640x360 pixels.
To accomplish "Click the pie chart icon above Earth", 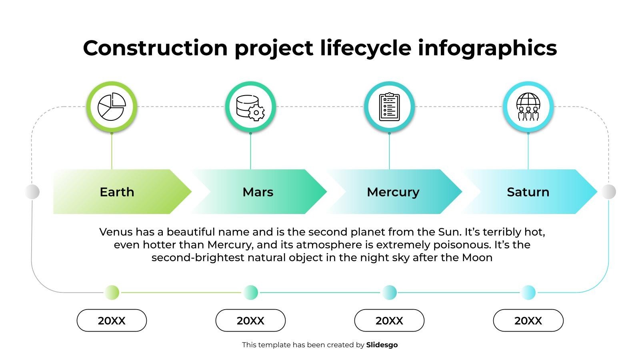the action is [x=112, y=106].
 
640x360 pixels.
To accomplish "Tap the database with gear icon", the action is [x=250, y=108].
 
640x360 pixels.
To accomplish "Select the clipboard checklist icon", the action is [x=389, y=107].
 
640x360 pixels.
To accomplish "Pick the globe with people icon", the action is [x=528, y=106].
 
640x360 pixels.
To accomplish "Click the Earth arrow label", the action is [x=117, y=192].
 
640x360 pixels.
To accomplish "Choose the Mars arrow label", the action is [x=258, y=192].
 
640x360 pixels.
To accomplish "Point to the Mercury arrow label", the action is [x=393, y=192].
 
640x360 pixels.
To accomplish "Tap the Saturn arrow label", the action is [x=528, y=192].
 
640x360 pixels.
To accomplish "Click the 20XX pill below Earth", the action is [x=112, y=320].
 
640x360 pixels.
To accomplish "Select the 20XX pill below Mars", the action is [x=250, y=320].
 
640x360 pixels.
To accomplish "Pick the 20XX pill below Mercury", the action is [x=389, y=320].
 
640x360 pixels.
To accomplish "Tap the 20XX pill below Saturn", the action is [x=528, y=320].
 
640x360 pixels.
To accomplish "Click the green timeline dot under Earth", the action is [x=112, y=292].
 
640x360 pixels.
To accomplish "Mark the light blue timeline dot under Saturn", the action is [x=528, y=292].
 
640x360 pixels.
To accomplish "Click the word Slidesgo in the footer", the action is [x=382, y=345].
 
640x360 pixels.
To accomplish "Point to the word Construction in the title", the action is [x=155, y=48].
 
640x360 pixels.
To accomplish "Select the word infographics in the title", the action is [x=488, y=48].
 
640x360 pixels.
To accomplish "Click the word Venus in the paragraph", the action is [x=116, y=232].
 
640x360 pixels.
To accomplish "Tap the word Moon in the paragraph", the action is [x=477, y=258].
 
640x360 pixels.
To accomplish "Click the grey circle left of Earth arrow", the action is [x=32, y=192].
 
